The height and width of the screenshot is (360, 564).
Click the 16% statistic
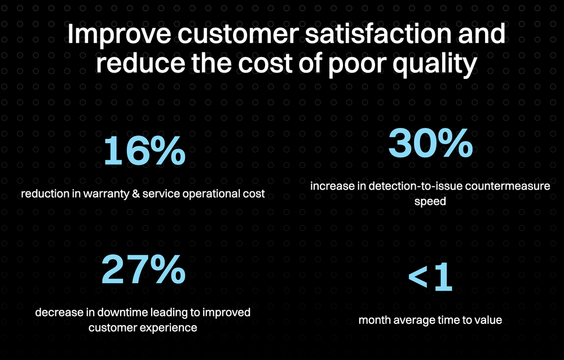(144, 151)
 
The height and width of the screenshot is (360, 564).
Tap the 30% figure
(430, 143)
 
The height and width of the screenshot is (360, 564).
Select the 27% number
(143, 269)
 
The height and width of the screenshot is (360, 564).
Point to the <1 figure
(430, 276)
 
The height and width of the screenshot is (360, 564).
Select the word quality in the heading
(435, 65)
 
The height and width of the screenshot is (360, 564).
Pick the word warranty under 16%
(106, 194)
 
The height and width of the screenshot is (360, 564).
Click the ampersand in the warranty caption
(136, 194)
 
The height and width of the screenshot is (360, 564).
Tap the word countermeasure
(507, 186)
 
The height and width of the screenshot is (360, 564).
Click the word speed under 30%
(430, 201)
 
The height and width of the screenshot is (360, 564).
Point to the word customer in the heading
(238, 34)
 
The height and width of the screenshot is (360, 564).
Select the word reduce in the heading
(140, 64)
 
